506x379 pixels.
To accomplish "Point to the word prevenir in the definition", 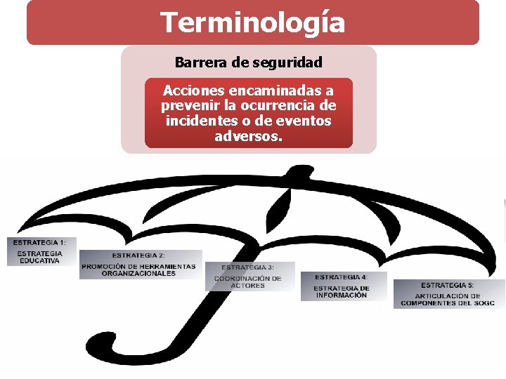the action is point(187,106).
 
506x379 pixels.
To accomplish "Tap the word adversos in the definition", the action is point(247,135).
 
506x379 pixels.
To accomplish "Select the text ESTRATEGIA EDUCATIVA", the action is point(39,257).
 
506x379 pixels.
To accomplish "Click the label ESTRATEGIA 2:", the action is point(139,255).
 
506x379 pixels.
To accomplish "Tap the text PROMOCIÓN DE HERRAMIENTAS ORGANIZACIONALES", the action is point(139,270).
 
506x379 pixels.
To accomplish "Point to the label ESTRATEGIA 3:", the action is point(248,267).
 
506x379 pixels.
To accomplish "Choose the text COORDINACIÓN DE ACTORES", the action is point(248,282).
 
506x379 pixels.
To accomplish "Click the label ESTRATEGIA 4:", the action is point(342,277).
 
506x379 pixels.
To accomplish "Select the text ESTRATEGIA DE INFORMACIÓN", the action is point(342,292).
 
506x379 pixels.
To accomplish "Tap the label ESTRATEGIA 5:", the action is point(448,285).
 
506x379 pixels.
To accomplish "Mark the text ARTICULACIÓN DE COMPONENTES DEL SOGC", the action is point(448,300).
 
